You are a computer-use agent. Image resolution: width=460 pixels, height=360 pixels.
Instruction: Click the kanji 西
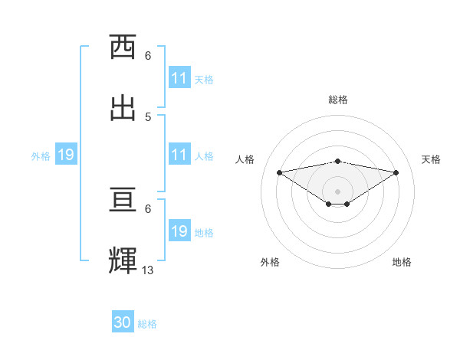[123, 47]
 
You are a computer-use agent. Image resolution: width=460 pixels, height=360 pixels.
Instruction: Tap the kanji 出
[123, 107]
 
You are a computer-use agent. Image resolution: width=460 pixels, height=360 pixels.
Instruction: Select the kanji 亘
[123, 200]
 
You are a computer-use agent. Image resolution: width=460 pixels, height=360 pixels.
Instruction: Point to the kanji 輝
[123, 260]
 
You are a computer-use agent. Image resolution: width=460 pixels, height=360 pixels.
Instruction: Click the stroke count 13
[148, 270]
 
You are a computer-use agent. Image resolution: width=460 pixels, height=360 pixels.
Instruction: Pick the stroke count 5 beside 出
[148, 116]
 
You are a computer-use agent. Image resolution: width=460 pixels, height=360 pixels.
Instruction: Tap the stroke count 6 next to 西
[148, 55]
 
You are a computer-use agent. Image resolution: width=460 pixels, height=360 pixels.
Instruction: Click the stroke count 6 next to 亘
[148, 208]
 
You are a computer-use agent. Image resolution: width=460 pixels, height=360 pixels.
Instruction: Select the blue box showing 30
[123, 323]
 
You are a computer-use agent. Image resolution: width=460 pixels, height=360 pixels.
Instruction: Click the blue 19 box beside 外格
[65, 155]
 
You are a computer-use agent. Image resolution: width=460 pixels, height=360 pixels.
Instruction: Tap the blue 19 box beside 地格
[179, 232]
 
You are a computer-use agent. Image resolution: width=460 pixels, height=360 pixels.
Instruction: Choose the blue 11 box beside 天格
[179, 78]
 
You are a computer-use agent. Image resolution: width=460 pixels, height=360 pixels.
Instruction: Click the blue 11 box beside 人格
[179, 155]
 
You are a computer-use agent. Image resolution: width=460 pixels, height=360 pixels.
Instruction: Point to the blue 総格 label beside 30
[147, 324]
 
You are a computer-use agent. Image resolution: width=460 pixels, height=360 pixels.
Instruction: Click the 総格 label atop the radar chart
[337, 100]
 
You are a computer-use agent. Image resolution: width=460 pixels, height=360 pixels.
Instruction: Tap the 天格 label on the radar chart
[431, 159]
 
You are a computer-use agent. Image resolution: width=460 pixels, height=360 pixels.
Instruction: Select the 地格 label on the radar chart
[402, 262]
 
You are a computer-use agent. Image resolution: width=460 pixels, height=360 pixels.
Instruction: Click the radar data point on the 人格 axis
[279, 172]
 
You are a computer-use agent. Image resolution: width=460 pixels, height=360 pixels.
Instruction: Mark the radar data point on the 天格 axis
[396, 172]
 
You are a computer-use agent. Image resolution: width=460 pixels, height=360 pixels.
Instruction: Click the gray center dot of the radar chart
[337, 191]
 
